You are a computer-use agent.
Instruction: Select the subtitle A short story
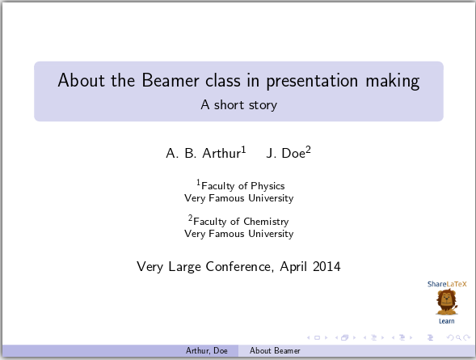[x=238, y=104]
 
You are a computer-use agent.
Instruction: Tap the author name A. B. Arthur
[x=203, y=153]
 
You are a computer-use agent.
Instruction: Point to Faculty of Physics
[x=242, y=186]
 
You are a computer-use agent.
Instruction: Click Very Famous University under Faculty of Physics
[x=238, y=198]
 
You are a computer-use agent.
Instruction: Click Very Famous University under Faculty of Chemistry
[x=238, y=234]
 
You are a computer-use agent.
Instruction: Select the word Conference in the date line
[x=239, y=266]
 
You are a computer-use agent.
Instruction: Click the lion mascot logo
[x=446, y=303]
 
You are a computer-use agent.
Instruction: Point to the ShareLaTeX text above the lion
[x=447, y=284]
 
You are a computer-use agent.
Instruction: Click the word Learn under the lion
[x=446, y=321]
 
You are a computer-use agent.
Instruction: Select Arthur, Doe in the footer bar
[x=207, y=351]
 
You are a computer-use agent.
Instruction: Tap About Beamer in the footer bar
[x=275, y=351]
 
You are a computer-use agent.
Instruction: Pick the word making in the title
[x=392, y=82]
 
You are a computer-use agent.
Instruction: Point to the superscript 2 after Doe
[x=308, y=149]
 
